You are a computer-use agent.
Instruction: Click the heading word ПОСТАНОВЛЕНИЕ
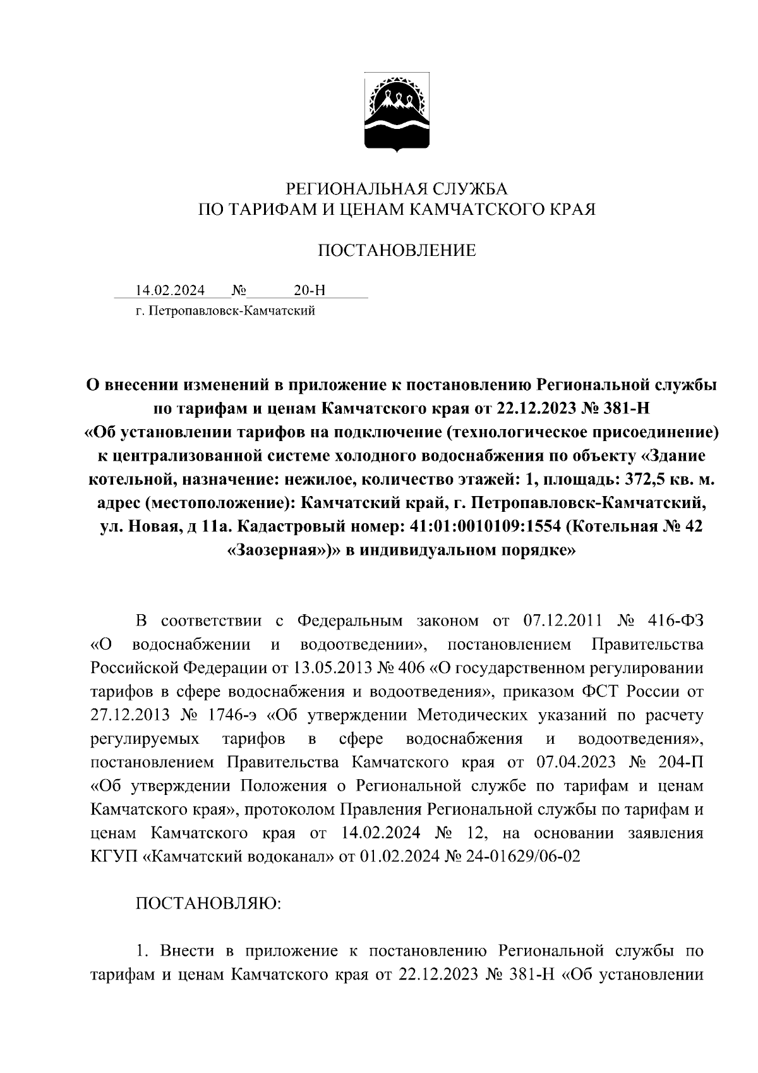(x=397, y=251)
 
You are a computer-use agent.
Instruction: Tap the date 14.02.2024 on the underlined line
(x=170, y=291)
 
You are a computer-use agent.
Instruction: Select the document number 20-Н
(x=310, y=291)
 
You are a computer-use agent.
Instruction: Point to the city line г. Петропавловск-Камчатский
(x=225, y=311)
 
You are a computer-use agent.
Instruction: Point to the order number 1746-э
(x=228, y=715)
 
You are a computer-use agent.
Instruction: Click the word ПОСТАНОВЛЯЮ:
(x=209, y=904)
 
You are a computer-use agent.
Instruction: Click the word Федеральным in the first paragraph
(x=349, y=621)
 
